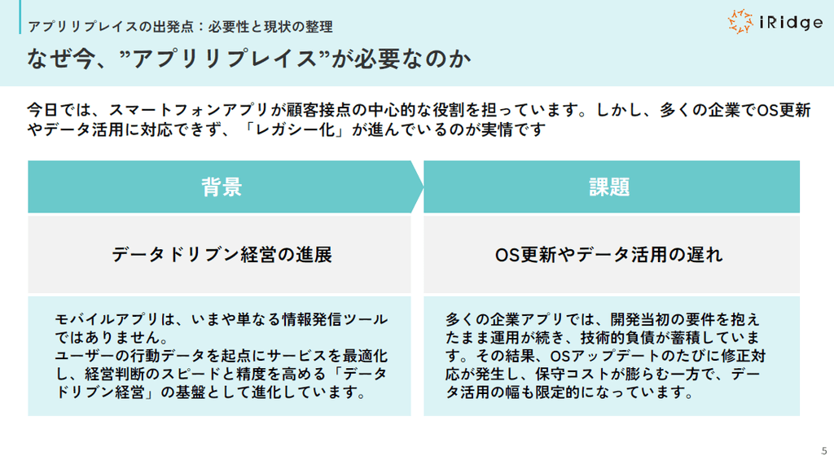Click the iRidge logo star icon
pos(740,21)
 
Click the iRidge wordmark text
pos(791,22)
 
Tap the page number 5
pos(824,451)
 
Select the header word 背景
pos(222,187)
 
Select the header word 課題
pos(609,187)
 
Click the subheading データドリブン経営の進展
pos(222,255)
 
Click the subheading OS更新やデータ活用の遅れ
pos(609,255)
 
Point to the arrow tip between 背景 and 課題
pos(424,186)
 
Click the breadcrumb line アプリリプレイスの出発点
pos(111,27)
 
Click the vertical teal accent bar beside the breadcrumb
pos(20,17)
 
